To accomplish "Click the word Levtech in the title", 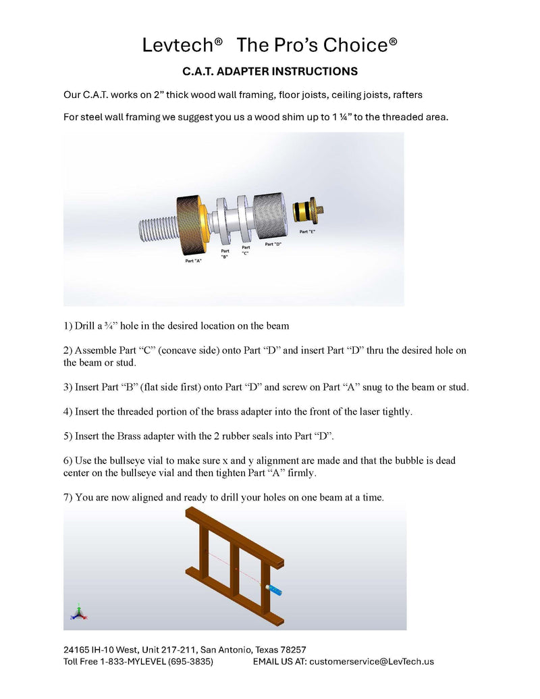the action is click(x=178, y=45).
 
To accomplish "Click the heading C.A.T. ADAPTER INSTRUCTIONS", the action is click(x=270, y=72).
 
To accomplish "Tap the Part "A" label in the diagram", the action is click(x=193, y=261).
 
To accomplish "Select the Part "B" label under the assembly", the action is click(x=225, y=254).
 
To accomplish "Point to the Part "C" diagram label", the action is click(x=246, y=250).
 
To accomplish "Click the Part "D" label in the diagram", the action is click(x=273, y=244).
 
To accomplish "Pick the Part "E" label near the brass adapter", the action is click(x=307, y=232).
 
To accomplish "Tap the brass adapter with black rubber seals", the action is click(x=308, y=211).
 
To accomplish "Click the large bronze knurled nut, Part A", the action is click(x=192, y=225).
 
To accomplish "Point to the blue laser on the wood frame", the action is click(x=274, y=590).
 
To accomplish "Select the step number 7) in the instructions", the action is click(x=67, y=498).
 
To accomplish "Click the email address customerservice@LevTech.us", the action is click(x=371, y=662).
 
